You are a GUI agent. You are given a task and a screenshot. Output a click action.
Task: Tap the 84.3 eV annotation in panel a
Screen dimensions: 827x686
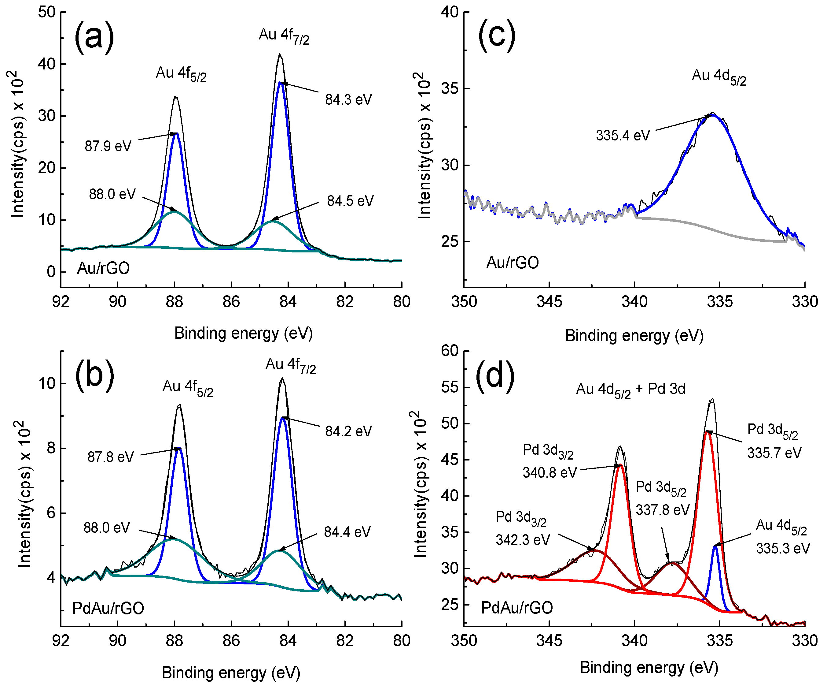coord(348,100)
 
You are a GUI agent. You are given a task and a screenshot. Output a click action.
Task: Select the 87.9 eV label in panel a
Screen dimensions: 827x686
coord(108,146)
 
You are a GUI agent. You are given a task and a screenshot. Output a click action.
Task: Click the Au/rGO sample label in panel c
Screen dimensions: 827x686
coord(512,263)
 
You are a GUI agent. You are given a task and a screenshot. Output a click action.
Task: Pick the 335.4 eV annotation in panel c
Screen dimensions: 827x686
coord(623,136)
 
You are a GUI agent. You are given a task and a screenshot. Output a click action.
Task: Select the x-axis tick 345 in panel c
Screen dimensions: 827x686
coord(549,302)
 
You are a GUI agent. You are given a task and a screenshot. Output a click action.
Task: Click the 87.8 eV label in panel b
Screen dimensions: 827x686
coord(111,457)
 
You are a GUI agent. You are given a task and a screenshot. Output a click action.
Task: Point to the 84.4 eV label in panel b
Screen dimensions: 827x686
coord(347,532)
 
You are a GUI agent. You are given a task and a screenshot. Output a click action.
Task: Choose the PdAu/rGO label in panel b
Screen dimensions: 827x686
coord(108,608)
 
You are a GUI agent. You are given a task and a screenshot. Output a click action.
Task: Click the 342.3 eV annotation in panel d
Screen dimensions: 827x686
coord(523,540)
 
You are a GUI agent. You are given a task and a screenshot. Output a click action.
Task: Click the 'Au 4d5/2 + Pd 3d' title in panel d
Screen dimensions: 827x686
coord(630,390)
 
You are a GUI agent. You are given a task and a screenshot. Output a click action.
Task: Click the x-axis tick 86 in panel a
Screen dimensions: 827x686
coord(231,302)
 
